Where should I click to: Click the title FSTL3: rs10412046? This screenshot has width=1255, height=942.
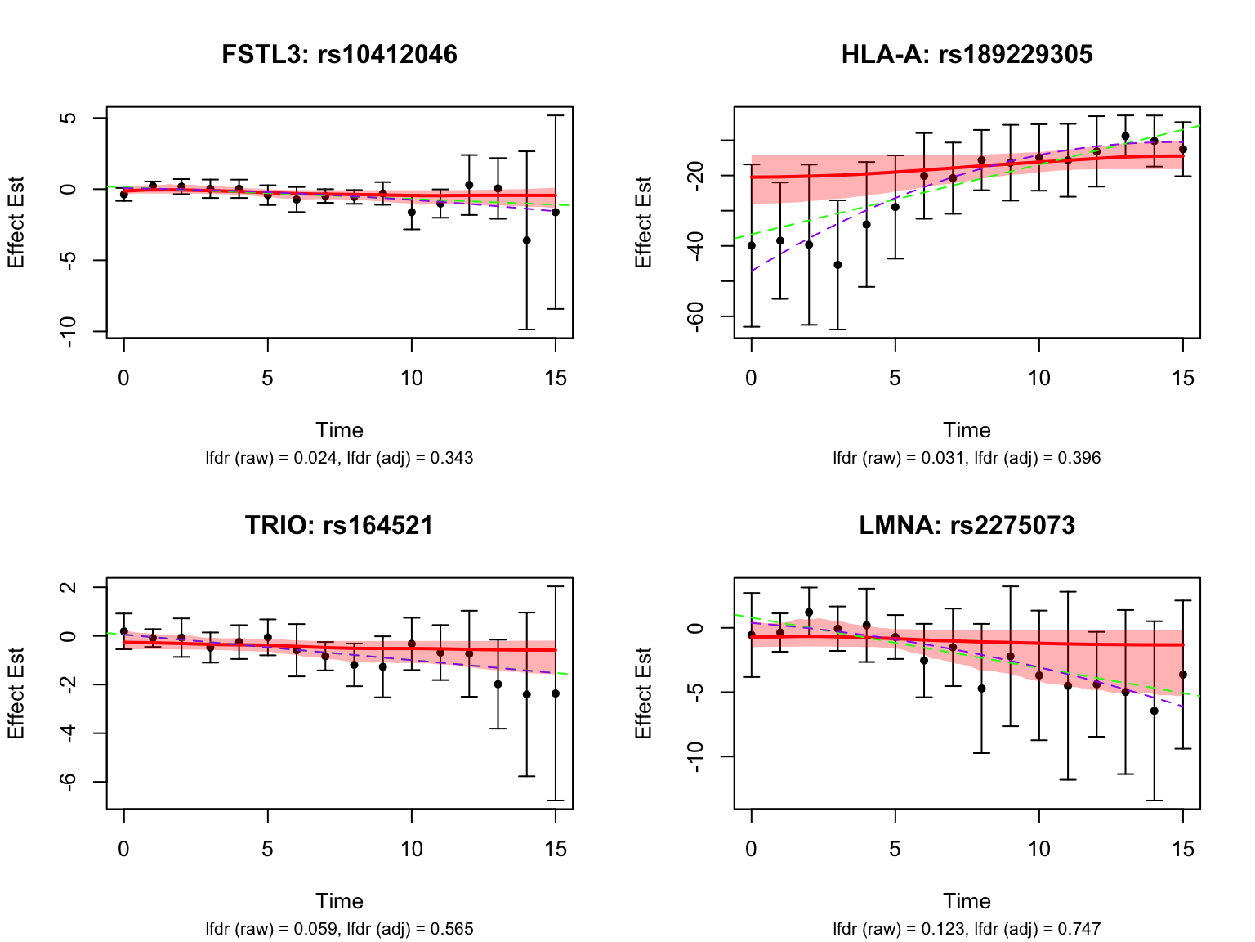tap(339, 54)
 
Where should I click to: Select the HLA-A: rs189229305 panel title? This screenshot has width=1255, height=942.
tap(967, 54)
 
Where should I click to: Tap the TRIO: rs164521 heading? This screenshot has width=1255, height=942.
tap(339, 525)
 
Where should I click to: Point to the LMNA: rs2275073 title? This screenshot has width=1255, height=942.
tap(967, 525)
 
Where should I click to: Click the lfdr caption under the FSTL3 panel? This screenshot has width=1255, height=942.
tap(339, 458)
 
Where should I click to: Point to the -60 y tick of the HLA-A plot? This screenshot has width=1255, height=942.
tap(695, 316)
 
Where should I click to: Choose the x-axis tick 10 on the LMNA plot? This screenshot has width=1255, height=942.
tap(1038, 849)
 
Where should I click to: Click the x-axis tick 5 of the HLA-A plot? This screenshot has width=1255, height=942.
tap(895, 378)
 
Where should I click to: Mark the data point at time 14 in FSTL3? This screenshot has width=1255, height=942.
tap(527, 240)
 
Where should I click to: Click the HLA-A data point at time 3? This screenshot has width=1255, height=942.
tap(837, 265)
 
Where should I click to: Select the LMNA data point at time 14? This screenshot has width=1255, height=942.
tap(1154, 711)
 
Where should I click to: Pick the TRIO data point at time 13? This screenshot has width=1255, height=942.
tap(498, 684)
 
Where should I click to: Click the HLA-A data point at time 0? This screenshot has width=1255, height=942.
tap(751, 245)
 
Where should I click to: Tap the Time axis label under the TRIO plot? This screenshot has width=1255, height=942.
tap(339, 901)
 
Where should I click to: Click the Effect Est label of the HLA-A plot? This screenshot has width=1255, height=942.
tap(643, 222)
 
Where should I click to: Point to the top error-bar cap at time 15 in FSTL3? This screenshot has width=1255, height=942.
tap(556, 116)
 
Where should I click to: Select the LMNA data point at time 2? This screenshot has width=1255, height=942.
tap(809, 612)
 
